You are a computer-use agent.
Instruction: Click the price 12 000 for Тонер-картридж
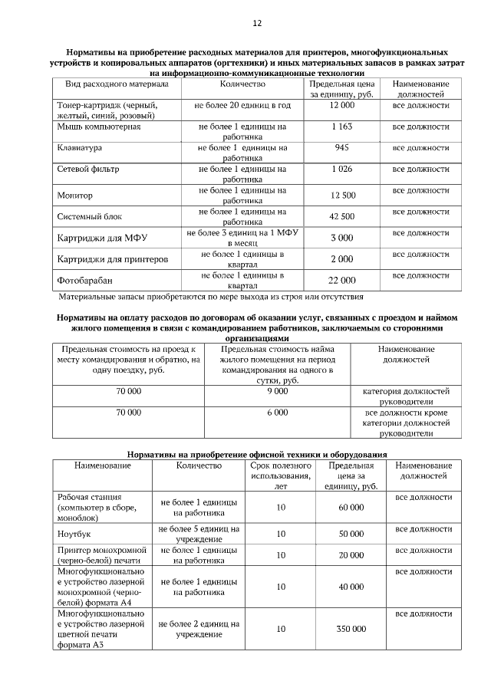click(341, 104)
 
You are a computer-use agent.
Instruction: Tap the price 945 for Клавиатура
click(341, 146)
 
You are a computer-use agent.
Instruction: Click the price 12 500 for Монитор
click(342, 196)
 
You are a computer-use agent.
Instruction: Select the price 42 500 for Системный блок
click(342, 216)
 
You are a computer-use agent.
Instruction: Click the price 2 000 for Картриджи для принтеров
click(341, 259)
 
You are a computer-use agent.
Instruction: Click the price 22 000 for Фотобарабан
click(342, 281)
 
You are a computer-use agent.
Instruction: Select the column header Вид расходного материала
click(111, 83)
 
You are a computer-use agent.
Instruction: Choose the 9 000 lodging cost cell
click(277, 391)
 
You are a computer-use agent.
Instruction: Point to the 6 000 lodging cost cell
click(277, 413)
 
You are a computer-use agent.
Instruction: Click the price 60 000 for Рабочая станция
click(351, 508)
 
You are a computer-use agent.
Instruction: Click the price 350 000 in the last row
click(351, 629)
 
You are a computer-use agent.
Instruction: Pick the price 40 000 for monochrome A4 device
click(351, 587)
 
